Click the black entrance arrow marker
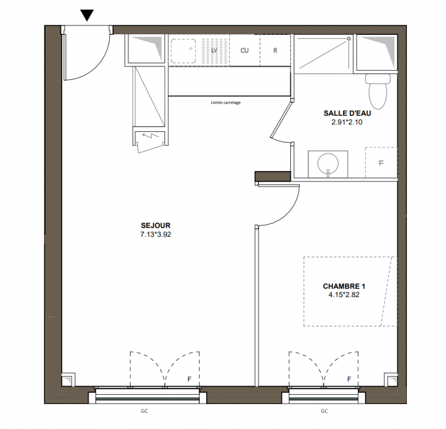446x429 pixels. tap(87, 16)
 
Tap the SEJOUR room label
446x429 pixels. tap(156, 226)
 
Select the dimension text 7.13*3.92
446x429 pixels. tap(156, 235)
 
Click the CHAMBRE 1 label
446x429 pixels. tap(344, 286)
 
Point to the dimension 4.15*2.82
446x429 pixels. tap(344, 295)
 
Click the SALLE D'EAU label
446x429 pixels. tap(347, 113)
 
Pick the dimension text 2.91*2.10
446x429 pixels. tap(347, 122)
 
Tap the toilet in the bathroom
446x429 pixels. tap(378, 91)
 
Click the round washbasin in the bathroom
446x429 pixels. tap(328, 164)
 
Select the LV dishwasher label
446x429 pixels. tap(214, 50)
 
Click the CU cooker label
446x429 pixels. tap(244, 50)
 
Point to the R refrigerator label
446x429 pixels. tap(275, 50)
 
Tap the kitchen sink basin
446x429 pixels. tap(183, 51)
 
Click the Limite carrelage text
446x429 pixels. tap(225, 102)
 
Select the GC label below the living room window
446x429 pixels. tap(144, 411)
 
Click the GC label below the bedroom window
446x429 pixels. tap(324, 411)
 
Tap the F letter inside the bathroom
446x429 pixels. tap(381, 163)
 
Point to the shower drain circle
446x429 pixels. tap(349, 39)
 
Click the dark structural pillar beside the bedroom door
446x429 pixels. tap(273, 176)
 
